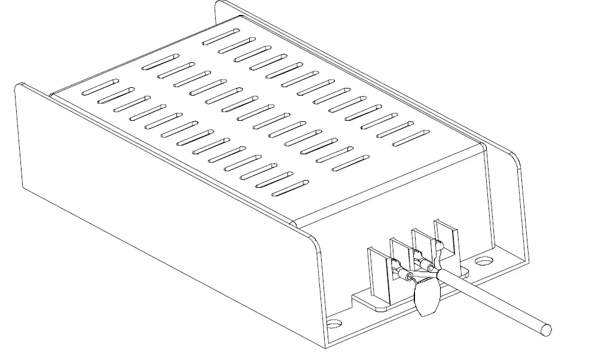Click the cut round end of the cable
click(544, 330)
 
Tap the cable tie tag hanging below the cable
click(425, 298)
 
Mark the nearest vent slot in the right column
click(410, 136)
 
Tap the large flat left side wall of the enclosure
click(149, 209)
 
